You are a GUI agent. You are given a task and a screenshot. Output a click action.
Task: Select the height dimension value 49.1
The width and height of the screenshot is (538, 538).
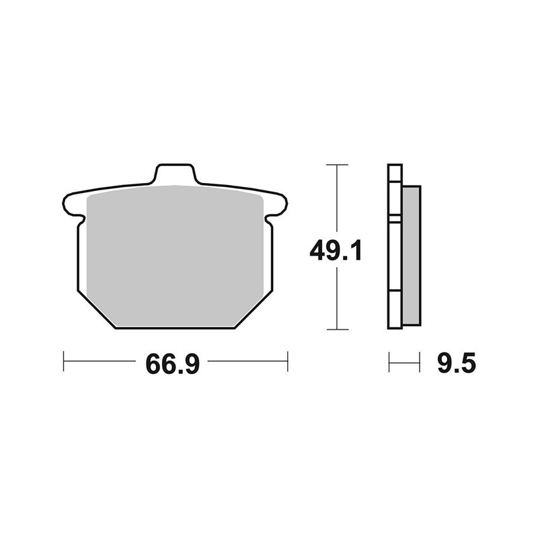[336, 252]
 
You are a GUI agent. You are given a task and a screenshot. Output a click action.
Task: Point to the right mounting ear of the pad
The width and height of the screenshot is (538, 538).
[278, 203]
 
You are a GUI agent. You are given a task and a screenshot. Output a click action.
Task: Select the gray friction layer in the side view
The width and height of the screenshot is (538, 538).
[411, 256]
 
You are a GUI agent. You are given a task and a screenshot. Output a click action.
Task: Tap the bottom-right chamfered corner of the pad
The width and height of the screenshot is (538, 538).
[254, 311]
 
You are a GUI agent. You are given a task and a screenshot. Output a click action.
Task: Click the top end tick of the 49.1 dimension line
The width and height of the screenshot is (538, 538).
[336, 165]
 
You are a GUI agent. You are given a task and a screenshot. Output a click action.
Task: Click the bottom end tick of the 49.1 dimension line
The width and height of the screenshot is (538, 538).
[336, 330]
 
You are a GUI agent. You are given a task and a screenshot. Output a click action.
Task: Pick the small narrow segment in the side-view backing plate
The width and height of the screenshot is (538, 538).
[395, 219]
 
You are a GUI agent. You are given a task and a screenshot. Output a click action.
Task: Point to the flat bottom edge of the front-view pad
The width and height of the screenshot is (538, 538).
[175, 328]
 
